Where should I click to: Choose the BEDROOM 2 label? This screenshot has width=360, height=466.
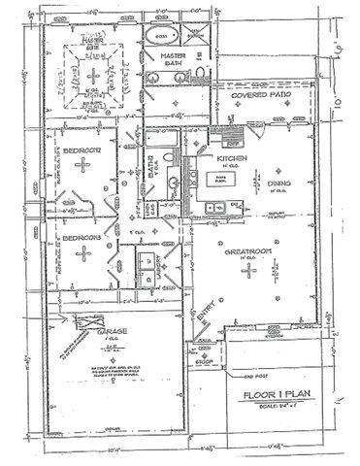(84, 150)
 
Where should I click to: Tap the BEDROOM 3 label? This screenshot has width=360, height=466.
(84, 236)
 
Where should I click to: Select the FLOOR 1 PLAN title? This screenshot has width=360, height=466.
(277, 396)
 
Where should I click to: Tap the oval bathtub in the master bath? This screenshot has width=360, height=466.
(160, 36)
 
